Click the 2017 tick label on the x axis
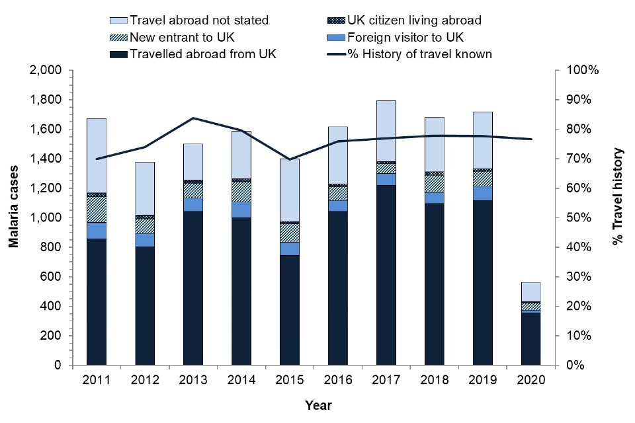(x=386, y=381)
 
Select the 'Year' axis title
(x=318, y=404)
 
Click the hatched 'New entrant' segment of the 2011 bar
(x=97, y=210)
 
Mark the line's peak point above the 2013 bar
(x=193, y=118)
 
